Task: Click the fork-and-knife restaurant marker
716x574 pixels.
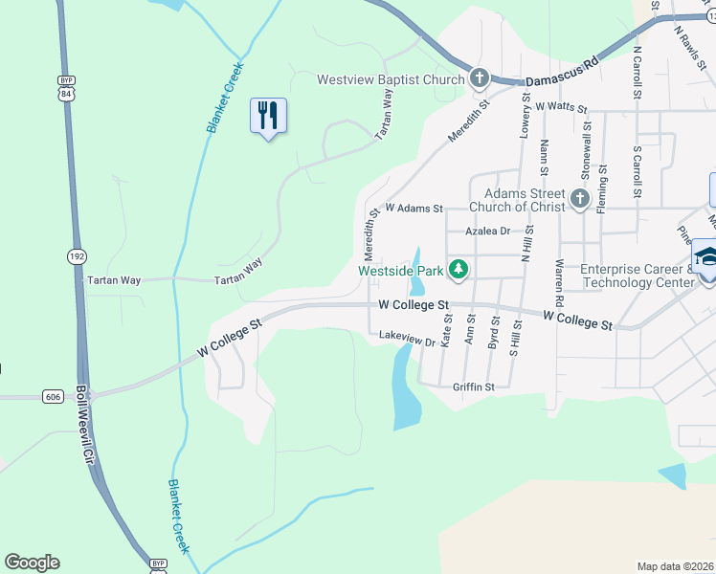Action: coord(268,117)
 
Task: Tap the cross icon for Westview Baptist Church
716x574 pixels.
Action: coord(480,78)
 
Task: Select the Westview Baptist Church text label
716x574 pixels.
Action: coord(392,79)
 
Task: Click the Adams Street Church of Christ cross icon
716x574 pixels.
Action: coord(578,199)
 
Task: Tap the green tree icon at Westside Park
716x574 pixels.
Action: coord(459,271)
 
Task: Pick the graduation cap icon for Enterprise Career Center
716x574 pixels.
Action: coord(705,257)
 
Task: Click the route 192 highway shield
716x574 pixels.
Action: coord(77,255)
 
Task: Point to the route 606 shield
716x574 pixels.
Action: coord(55,395)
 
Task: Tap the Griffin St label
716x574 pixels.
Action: coord(473,387)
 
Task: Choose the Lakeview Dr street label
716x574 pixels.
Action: coord(407,338)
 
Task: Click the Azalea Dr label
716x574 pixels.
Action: coord(487,231)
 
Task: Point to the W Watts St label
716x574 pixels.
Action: coord(562,106)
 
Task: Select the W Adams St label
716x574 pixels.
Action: coord(414,208)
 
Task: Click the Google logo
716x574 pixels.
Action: coord(32,563)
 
